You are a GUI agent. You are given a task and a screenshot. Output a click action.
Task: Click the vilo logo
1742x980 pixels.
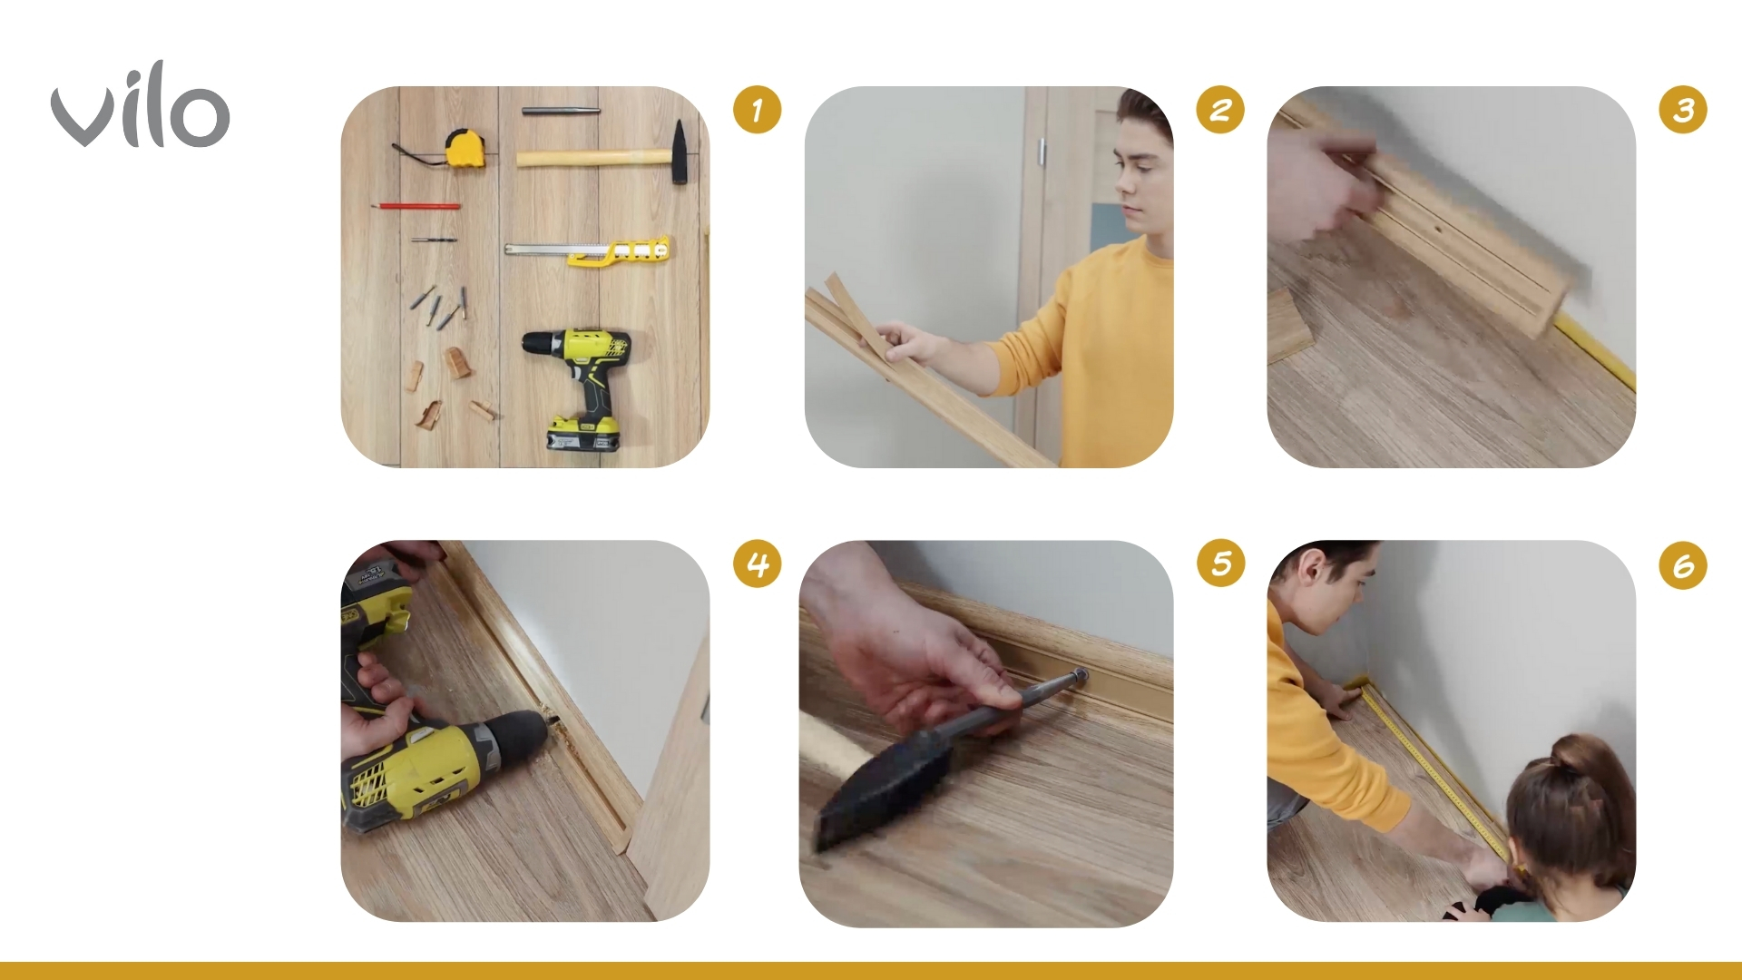coord(141,106)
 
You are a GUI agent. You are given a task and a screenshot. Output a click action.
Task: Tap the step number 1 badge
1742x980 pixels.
coord(757,110)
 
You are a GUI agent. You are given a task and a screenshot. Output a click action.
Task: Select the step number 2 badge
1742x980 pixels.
coord(1220,110)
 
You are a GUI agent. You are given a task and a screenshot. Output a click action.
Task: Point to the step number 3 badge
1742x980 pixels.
coord(1683,110)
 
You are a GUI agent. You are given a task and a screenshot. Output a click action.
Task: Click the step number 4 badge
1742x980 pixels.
coord(757,563)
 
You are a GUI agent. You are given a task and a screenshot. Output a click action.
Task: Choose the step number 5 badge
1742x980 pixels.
coord(1220,563)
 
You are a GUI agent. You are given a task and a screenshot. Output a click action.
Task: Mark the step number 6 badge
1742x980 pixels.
coord(1683,565)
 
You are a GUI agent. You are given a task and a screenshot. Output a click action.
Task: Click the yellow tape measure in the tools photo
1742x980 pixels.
coord(463,148)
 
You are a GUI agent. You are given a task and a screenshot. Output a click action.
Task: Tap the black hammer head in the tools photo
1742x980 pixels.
coord(679,152)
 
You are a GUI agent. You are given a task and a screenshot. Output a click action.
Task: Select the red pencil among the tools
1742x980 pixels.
coord(415,207)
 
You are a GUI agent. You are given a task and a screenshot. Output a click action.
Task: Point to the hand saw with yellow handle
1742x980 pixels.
coord(587,250)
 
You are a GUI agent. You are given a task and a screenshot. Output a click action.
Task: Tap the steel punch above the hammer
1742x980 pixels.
coord(560,111)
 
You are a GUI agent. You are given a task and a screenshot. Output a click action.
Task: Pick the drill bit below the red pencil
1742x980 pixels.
coord(433,240)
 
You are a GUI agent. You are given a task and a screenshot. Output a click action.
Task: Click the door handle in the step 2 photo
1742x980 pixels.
coord(1042,152)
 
